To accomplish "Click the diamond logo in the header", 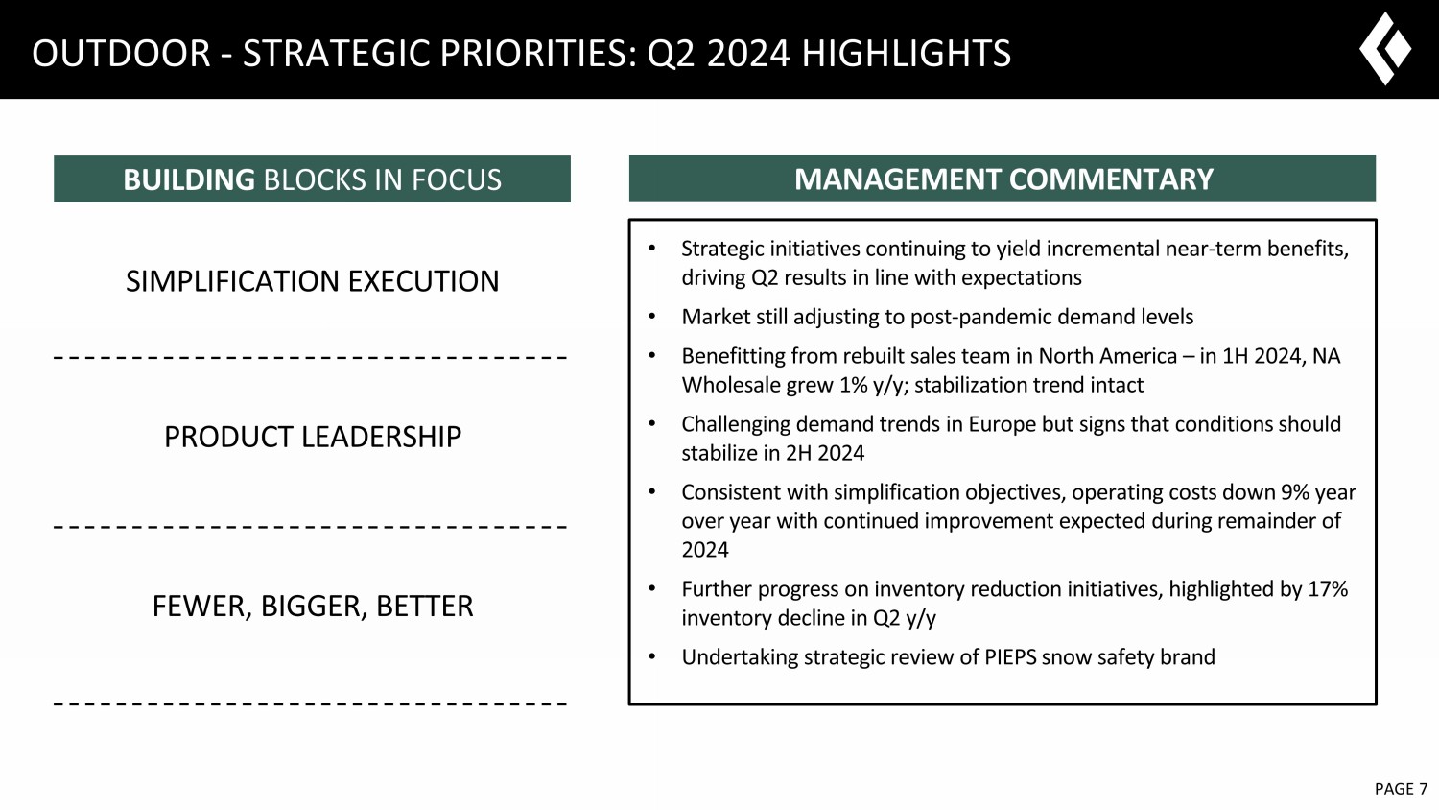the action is [x=1384, y=48].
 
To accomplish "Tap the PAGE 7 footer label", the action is [x=1401, y=789].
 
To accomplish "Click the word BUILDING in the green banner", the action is [x=189, y=179].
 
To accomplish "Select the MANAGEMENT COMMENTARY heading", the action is [x=1003, y=179].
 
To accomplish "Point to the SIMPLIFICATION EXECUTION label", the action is [x=312, y=281].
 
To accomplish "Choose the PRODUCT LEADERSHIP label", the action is [x=313, y=437].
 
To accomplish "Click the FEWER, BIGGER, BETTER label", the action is [x=313, y=607].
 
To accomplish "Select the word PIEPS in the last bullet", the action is [x=1010, y=657].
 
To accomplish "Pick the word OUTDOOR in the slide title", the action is [x=121, y=53].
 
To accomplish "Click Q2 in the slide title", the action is [x=672, y=54].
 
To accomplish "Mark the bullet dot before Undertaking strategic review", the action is [x=652, y=657].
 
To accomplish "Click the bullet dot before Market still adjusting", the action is [x=652, y=317].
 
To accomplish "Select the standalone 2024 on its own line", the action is [x=705, y=550].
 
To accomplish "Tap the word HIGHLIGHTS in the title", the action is [x=906, y=53].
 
